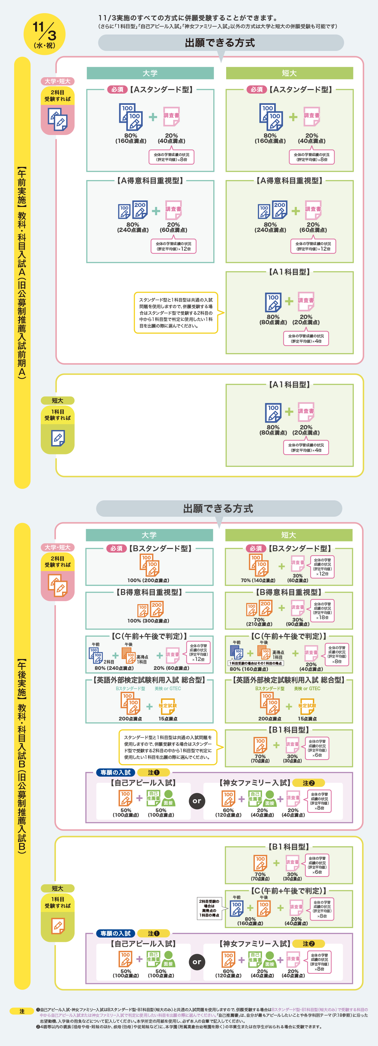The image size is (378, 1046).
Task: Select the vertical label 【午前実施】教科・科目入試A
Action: (x=22, y=272)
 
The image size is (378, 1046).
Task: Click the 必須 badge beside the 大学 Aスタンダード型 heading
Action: (x=117, y=89)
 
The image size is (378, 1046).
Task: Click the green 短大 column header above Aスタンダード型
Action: (x=289, y=73)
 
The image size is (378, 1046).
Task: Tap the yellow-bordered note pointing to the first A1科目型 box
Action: (x=176, y=313)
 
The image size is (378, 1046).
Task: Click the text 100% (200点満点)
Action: (x=148, y=580)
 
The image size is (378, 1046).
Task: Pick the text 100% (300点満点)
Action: (x=148, y=621)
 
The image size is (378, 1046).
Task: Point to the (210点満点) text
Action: (x=259, y=624)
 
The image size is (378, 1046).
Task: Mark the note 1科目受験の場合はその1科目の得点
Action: (x=256, y=663)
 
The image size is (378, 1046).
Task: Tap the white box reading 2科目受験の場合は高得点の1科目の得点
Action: (x=209, y=908)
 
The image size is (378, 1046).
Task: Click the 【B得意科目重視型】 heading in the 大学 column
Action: (x=149, y=592)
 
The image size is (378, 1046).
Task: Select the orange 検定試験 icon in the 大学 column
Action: (x=167, y=705)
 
